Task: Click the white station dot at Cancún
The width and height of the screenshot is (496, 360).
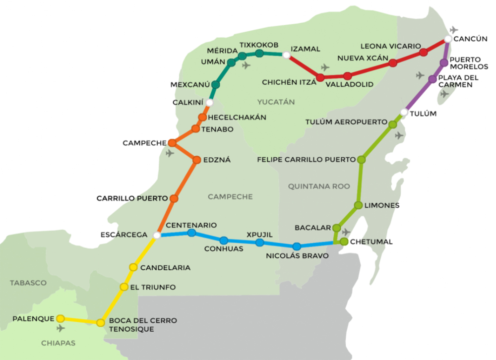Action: pyautogui.click(x=448, y=39)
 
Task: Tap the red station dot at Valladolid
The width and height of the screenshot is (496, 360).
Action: pyautogui.click(x=347, y=76)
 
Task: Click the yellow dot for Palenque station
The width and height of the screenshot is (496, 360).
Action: pyautogui.click(x=61, y=318)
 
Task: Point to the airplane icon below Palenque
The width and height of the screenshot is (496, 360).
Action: pyautogui.click(x=62, y=328)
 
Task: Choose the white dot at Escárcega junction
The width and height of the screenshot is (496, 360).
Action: pyautogui.click(x=157, y=235)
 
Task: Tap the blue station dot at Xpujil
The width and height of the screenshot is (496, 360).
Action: pyautogui.click(x=259, y=242)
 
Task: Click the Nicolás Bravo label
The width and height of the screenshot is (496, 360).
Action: pyautogui.click(x=290, y=256)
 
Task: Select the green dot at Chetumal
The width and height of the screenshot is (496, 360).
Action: pyautogui.click(x=344, y=241)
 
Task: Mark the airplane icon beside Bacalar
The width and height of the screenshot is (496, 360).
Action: pyautogui.click(x=346, y=232)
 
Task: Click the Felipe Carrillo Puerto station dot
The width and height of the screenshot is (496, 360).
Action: pyautogui.click(x=361, y=160)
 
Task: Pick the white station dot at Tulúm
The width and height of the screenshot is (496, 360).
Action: pyautogui.click(x=404, y=113)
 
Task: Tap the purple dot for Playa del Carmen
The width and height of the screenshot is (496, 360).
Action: pyautogui.click(x=432, y=79)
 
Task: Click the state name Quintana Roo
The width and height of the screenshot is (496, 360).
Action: pyautogui.click(x=318, y=186)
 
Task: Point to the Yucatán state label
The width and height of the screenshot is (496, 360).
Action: pyautogui.click(x=276, y=102)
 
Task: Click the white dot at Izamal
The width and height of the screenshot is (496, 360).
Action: pyautogui.click(x=286, y=55)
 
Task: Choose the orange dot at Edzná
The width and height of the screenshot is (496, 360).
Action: pyautogui.click(x=195, y=160)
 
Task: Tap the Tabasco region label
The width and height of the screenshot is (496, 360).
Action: pyautogui.click(x=28, y=283)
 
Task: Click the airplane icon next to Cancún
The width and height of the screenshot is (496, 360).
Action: pyautogui.click(x=454, y=30)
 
